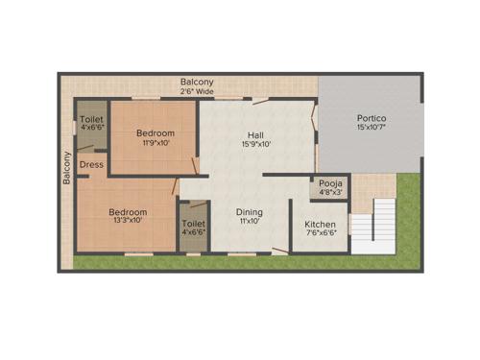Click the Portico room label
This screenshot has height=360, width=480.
[x=372, y=118]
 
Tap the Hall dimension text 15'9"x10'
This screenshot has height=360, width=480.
[x=256, y=144]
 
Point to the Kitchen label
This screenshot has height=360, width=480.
[x=320, y=224]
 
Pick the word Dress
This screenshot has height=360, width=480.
[x=92, y=164]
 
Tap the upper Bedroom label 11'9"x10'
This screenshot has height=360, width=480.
[x=154, y=143]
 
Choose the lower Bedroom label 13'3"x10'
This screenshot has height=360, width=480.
[x=127, y=220]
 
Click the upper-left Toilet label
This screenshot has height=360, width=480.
[x=92, y=119]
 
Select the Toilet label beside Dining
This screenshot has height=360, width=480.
[x=193, y=223]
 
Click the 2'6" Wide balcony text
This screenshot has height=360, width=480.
[x=197, y=92]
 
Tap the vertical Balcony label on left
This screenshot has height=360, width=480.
[x=67, y=168]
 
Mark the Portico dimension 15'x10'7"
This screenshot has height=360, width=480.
[x=372, y=128]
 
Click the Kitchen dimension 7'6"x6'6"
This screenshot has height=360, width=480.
[x=320, y=233]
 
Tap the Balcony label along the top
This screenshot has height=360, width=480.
[x=197, y=83]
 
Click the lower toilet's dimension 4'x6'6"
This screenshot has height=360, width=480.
[x=193, y=232]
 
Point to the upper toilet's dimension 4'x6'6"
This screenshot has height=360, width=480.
[x=92, y=128]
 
